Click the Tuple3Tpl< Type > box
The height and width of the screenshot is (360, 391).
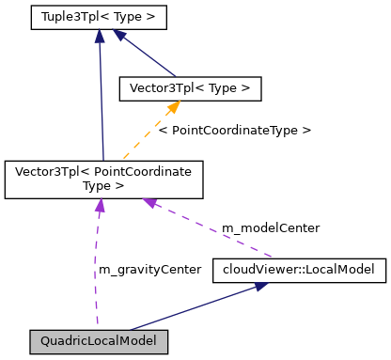click(x=98, y=17)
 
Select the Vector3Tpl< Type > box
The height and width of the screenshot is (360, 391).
click(x=189, y=88)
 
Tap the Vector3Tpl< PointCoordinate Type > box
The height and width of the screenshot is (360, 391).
click(x=103, y=179)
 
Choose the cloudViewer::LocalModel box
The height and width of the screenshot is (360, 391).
click(x=299, y=270)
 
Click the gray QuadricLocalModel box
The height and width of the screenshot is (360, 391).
click(x=99, y=339)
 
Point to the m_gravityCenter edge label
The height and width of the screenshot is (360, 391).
click(x=149, y=269)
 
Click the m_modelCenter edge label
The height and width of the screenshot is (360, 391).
click(x=270, y=227)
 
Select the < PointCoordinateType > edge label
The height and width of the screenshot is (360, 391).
click(x=234, y=130)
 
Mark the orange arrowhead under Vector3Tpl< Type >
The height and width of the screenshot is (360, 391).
click(x=172, y=107)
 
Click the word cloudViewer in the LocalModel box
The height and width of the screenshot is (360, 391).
click(x=253, y=270)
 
